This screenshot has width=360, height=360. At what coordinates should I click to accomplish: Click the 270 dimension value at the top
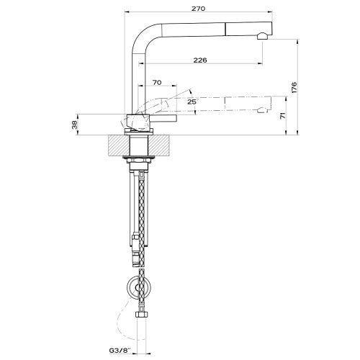(x=199, y=8)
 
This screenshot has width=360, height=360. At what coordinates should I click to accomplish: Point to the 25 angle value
(x=192, y=102)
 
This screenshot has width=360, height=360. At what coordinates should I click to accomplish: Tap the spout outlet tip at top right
(x=265, y=36)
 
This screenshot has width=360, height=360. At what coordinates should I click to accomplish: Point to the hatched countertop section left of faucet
(x=117, y=145)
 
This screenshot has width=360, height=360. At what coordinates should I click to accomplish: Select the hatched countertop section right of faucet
(x=163, y=145)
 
